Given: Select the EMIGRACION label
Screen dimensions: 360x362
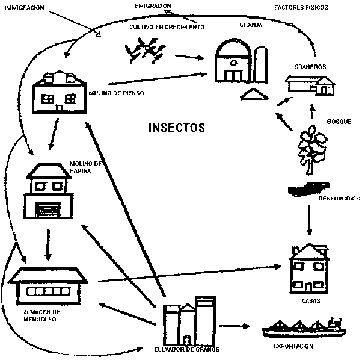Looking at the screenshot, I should click(x=152, y=5).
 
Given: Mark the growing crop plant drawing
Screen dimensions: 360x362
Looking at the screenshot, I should click(x=144, y=49).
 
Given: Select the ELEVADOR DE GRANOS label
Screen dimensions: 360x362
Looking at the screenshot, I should click(x=187, y=349).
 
